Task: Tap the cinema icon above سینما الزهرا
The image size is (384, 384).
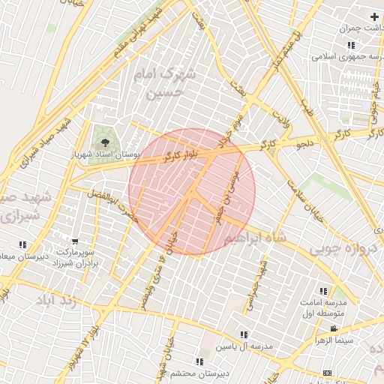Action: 334,328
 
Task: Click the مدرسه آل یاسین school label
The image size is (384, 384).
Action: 245,346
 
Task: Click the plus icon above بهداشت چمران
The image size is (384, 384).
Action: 374,16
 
